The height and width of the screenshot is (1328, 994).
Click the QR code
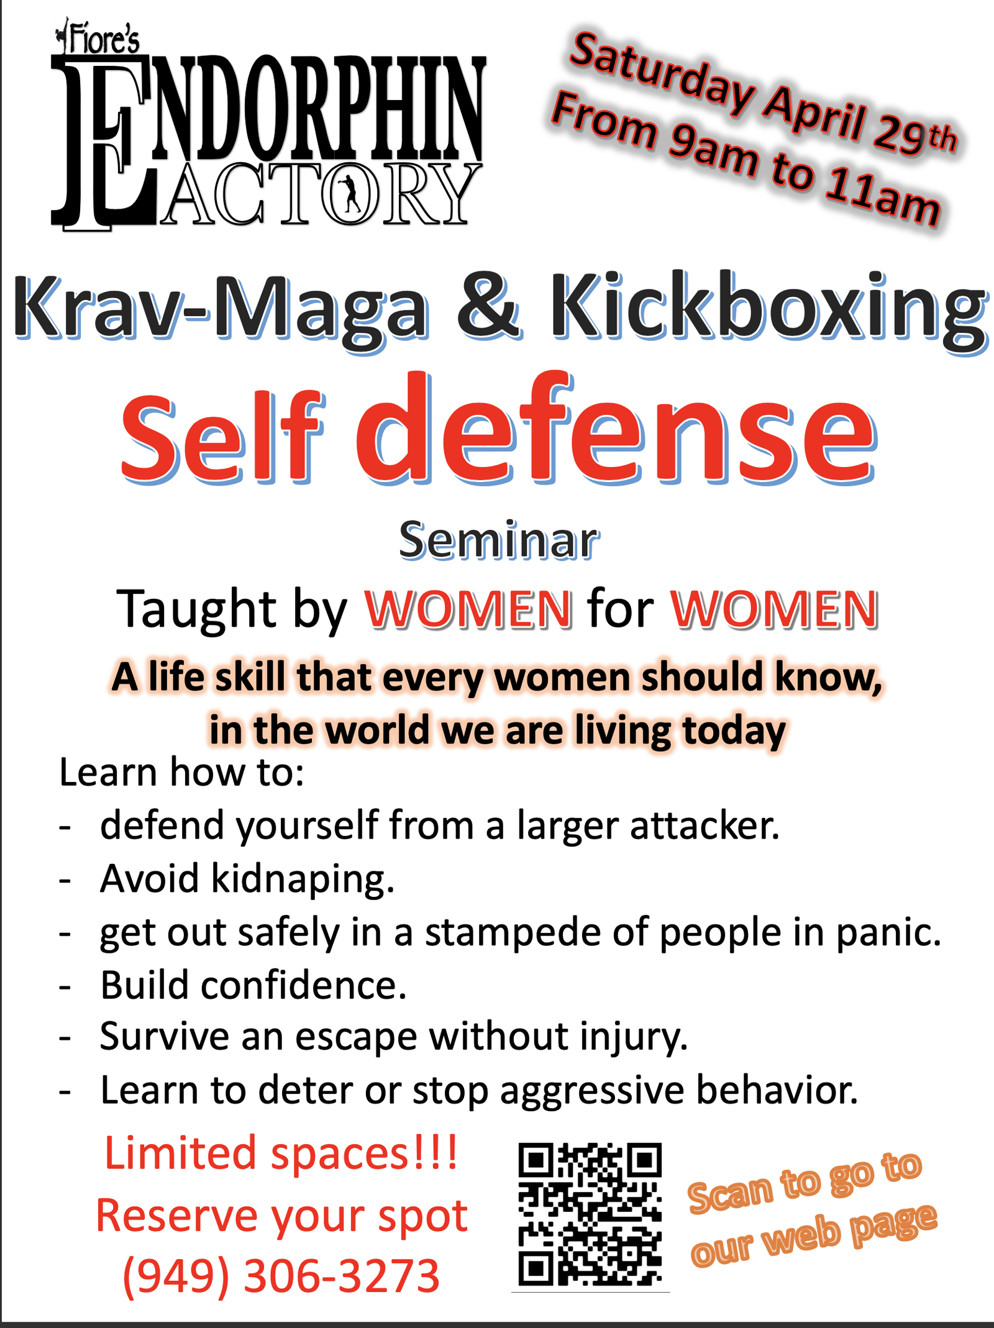(590, 1214)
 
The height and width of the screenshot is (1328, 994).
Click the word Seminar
(499, 540)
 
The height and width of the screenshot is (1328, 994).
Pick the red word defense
(615, 429)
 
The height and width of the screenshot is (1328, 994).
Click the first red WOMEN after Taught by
(468, 609)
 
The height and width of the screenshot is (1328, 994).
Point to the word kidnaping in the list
(303, 881)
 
